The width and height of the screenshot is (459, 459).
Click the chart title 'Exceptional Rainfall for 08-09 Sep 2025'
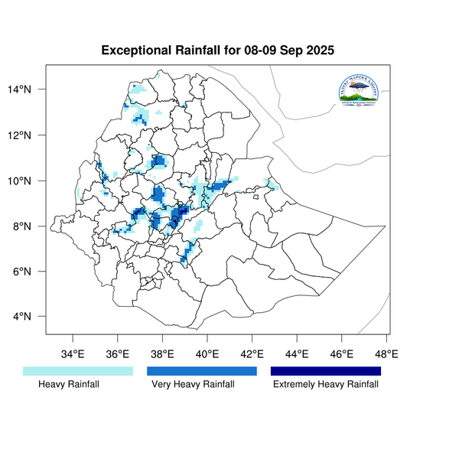point(218,51)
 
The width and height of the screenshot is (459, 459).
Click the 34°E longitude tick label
point(73,353)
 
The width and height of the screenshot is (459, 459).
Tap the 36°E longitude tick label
point(118,353)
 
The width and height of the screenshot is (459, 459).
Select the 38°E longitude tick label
point(163,353)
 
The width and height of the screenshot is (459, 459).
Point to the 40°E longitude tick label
point(207,353)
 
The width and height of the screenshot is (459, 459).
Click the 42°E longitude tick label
point(252,353)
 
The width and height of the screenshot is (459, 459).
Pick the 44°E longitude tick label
point(297,353)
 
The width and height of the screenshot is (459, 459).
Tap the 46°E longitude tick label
point(342,353)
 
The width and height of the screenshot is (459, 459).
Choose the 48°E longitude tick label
point(386,353)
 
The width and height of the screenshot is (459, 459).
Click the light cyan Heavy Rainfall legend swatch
point(78,371)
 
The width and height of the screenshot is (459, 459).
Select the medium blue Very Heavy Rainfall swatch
point(202,371)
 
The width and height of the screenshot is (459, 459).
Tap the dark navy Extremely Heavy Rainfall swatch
point(326,371)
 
